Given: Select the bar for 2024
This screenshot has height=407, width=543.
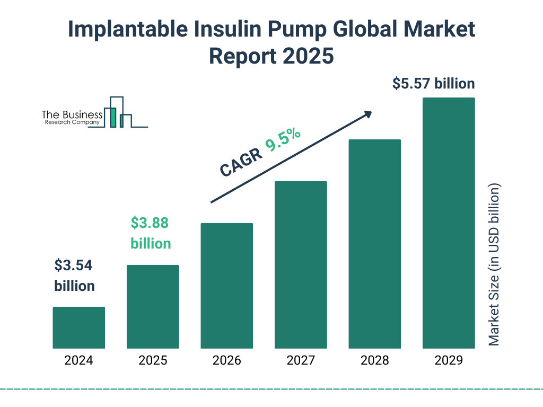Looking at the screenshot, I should tap(78, 328).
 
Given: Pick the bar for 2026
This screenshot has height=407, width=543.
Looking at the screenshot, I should tap(227, 286).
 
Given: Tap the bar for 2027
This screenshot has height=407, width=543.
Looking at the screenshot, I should tap(301, 265).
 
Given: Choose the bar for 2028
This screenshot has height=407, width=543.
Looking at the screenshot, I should tap(374, 244).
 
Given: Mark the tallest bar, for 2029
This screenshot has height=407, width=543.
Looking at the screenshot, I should tap(449, 223).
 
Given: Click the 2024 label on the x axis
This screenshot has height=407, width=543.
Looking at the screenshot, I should tap(78, 361).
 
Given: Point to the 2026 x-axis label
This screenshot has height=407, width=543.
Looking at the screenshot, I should tap(227, 361).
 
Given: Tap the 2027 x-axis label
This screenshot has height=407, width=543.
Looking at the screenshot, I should tap(301, 361).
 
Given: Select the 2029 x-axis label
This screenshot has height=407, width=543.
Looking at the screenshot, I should tap(449, 361).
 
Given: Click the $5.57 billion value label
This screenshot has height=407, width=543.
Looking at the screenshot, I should tap(433, 84).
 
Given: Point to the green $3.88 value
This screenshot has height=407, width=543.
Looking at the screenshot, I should tap(150, 223).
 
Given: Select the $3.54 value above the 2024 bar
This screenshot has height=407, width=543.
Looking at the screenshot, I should tap(74, 266).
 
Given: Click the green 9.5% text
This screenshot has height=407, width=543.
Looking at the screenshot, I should tap(283, 140).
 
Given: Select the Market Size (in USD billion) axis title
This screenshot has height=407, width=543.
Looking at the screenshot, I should tap(494, 265).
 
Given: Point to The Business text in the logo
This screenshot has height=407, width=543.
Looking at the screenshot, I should tap(72, 115).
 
